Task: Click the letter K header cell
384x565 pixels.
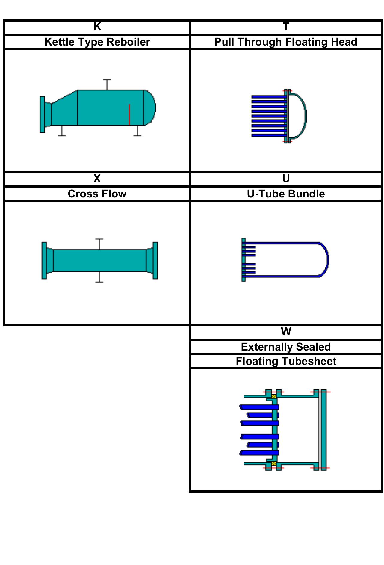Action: (97, 27)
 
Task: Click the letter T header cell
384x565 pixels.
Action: (286, 27)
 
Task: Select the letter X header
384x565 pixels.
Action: (97, 179)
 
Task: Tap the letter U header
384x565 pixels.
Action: (286, 179)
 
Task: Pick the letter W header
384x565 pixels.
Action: (286, 332)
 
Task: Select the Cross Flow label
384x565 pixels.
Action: (97, 194)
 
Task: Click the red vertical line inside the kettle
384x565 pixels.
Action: (129, 114)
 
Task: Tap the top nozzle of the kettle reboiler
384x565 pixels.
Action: (107, 84)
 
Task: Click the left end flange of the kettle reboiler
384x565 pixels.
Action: (43, 114)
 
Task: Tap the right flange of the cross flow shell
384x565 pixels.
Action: (155, 260)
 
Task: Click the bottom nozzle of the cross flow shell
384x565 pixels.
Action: (99, 277)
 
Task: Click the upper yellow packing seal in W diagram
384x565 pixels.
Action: (274, 396)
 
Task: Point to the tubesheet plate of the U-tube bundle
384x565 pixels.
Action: (244, 260)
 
